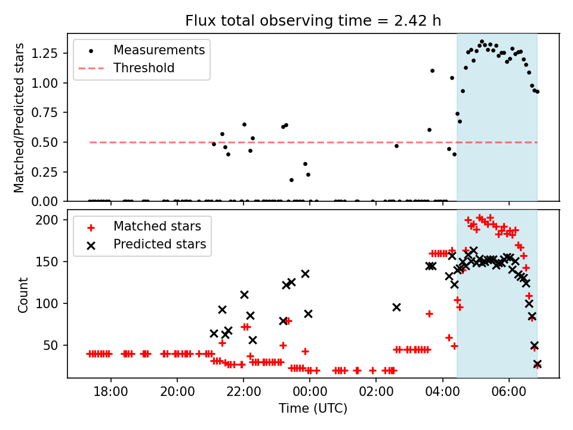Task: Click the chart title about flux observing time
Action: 313,21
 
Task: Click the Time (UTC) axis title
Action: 313,409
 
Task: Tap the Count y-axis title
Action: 23,294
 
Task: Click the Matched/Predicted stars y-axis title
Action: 19,118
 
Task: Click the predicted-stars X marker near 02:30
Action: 396,307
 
